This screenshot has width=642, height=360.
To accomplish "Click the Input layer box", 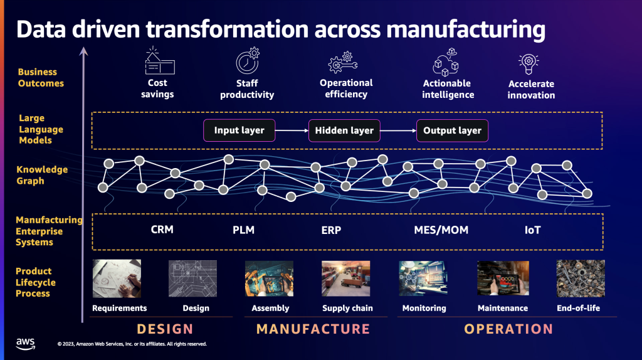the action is (239, 130).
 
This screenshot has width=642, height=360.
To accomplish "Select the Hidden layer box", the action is (344, 130).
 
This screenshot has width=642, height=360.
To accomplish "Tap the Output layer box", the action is (452, 130).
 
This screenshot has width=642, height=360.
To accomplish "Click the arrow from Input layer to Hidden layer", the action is (292, 130).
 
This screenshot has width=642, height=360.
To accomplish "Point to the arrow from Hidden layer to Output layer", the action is (398, 130).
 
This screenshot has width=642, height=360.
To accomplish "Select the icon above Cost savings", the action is (159, 61).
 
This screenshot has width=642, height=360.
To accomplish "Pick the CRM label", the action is (162, 230).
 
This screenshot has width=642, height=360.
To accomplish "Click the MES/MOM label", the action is (441, 230).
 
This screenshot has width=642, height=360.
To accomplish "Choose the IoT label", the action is (532, 230).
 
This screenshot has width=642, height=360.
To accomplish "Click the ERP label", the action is (331, 230).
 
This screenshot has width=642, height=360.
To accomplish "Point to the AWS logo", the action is (26, 342).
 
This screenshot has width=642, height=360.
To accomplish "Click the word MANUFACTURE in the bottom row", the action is (313, 329).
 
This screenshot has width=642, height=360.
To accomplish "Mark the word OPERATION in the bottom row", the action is (508, 329).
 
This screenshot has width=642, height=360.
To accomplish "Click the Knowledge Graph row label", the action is (42, 175).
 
